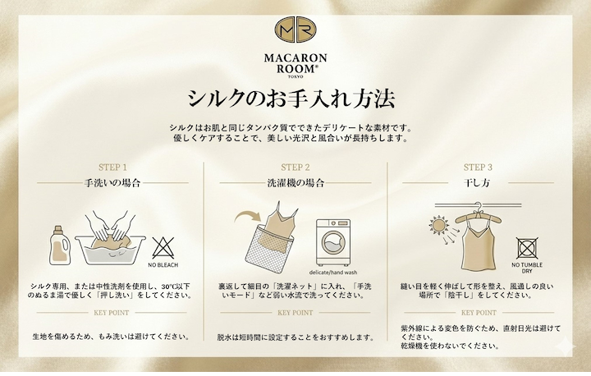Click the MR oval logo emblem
[x=295, y=30]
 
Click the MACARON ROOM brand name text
[x=295, y=63]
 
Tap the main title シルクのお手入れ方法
[x=291, y=99]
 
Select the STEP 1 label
[x=112, y=167]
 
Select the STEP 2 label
[x=295, y=167]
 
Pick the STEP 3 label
[x=478, y=167]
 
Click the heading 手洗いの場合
[x=112, y=183]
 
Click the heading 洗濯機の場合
[x=295, y=183]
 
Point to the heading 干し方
[x=477, y=183]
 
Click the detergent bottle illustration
[x=60, y=245]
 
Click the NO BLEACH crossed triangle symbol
[x=163, y=248]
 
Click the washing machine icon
[x=332, y=242]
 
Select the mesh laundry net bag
[x=268, y=250]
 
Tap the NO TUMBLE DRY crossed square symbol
[x=527, y=248]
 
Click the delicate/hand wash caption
[x=332, y=273]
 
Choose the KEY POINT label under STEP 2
[x=295, y=313]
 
